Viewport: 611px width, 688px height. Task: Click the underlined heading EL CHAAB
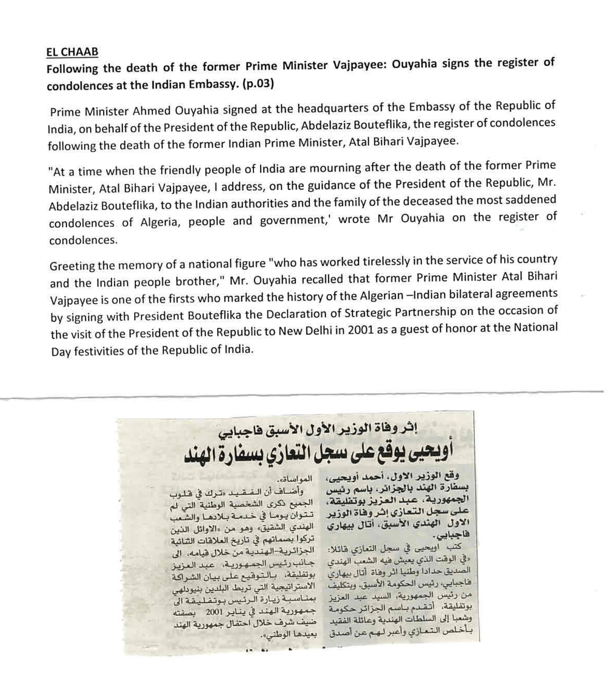(72, 52)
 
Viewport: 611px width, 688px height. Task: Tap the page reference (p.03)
(258, 84)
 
